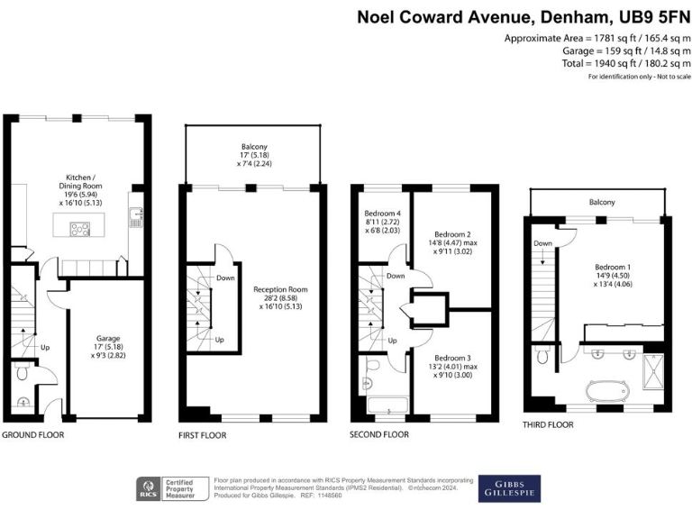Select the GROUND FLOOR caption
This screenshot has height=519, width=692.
(x=32, y=434)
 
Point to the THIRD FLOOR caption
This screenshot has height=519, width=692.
(x=548, y=424)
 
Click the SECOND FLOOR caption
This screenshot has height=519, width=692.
(x=379, y=434)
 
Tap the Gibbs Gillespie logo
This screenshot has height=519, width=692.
(x=509, y=487)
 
